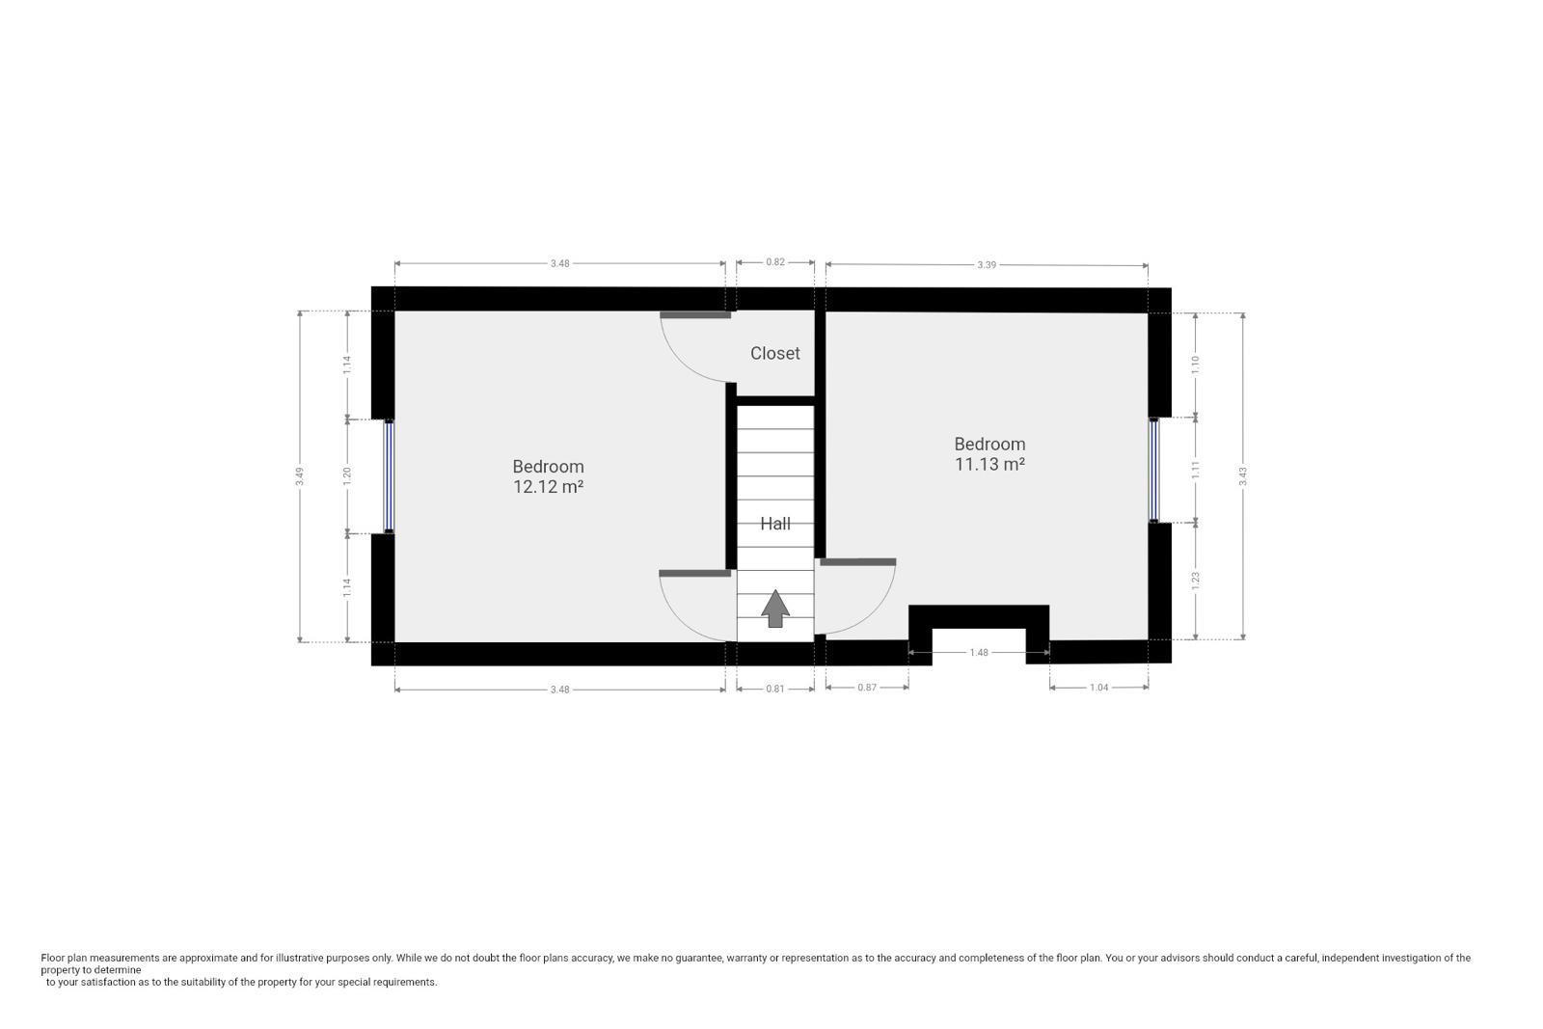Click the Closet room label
point(774,353)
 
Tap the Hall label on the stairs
point(774,524)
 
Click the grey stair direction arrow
point(775,609)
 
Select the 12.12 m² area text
point(548,487)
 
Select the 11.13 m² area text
point(989,464)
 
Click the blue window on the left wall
point(389,475)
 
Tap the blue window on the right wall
point(1153,470)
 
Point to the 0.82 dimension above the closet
point(774,262)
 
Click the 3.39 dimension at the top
point(986,265)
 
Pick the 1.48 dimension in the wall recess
point(978,653)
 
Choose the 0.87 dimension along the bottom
point(866,688)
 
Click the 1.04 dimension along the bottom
point(1097,688)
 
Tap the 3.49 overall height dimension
point(301,475)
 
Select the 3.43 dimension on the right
point(1243,474)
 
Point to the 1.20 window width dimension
point(347,475)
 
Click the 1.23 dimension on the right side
point(1196,580)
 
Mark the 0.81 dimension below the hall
point(774,689)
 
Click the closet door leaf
point(695,314)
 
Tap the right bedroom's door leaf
point(857,561)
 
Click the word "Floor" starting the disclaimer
point(53,958)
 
